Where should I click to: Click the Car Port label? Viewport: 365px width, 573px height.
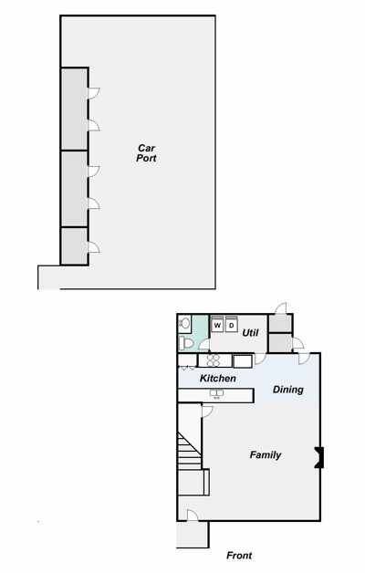coord(146,153)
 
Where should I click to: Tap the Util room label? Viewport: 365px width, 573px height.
coord(250,332)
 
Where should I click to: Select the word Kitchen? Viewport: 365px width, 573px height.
coord(218,379)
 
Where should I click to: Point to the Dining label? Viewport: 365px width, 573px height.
coord(288,390)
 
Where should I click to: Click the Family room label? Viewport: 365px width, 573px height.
coord(266,455)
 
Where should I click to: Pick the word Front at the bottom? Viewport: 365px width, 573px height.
coord(239,556)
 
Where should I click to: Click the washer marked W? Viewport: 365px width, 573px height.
coord(217,325)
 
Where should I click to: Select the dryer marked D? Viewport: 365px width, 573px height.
coord(231,325)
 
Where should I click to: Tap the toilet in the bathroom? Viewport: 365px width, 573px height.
coord(186,343)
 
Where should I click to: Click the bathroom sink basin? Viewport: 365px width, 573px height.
coord(184,323)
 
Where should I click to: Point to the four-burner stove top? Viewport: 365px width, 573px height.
coord(214,360)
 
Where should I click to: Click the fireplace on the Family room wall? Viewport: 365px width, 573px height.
coord(319,457)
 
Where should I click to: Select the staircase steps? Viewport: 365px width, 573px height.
coord(189,451)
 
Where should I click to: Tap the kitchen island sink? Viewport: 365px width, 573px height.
coord(216,393)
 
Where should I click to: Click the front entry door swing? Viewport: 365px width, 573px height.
coord(193,515)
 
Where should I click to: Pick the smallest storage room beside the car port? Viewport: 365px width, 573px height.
coord(74,246)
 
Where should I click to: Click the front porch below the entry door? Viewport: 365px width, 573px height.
coord(193,535)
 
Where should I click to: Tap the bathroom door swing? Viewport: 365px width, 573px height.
coord(203,345)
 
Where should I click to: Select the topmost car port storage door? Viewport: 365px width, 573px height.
coord(94,93)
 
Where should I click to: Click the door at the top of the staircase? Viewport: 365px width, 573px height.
coord(207,411)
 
